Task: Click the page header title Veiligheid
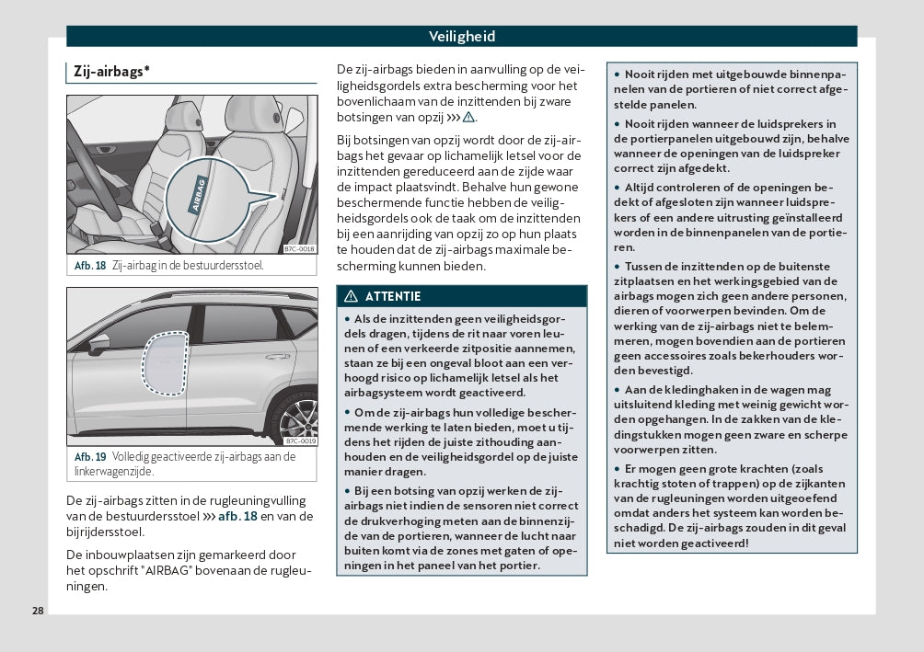461,37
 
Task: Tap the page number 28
37,611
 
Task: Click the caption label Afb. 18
90,266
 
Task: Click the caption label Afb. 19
90,457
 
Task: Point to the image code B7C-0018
299,248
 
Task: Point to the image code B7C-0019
299,440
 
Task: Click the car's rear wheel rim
297,419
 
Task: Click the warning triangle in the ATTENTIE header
351,296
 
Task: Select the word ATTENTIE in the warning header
393,296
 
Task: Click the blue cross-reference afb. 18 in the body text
230,516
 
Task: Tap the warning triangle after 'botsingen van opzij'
468,118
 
